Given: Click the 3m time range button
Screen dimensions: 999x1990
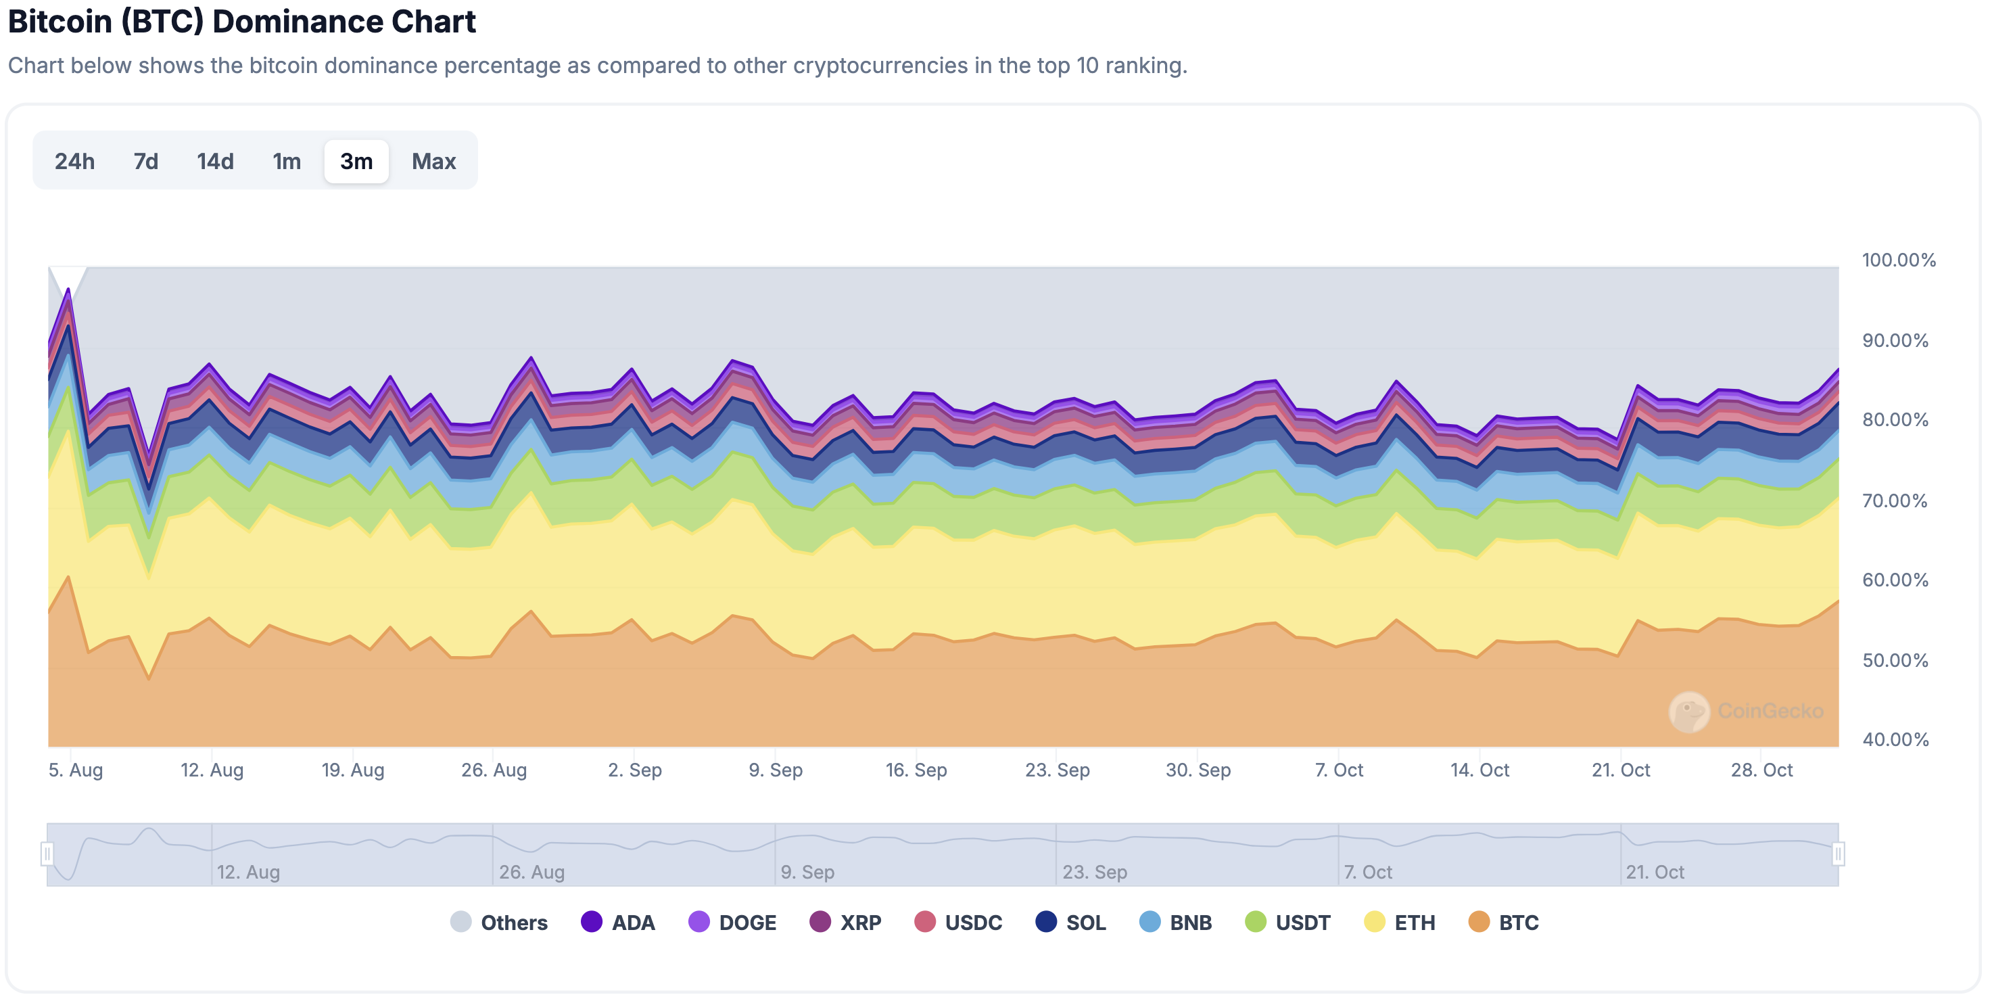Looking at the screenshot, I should pyautogui.click(x=356, y=162).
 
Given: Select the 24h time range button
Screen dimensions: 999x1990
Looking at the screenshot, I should pyautogui.click(x=75, y=162).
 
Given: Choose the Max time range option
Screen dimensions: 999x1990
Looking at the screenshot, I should pyautogui.click(x=433, y=162).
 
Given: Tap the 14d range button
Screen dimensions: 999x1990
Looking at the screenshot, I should pyautogui.click(x=215, y=162).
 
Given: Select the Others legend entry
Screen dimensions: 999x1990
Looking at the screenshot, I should pyautogui.click(x=499, y=922).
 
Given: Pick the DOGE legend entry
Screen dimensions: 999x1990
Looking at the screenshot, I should pyautogui.click(x=732, y=922).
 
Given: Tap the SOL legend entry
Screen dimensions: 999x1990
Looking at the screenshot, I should pyautogui.click(x=1070, y=922).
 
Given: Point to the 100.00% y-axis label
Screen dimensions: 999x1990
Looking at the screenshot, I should pyautogui.click(x=1898, y=260).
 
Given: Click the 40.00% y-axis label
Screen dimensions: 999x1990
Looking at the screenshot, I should pyautogui.click(x=1895, y=739).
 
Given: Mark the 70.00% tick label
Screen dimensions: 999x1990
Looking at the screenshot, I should pyautogui.click(x=1895, y=501).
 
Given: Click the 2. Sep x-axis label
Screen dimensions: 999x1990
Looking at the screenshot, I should pyautogui.click(x=634, y=770).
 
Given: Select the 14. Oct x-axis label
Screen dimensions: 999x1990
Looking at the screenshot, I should pyautogui.click(x=1479, y=770).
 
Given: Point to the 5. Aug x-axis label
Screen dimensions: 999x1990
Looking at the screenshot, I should pyautogui.click(x=76, y=770).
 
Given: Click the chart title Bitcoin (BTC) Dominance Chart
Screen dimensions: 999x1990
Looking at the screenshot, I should pyautogui.click(x=242, y=22).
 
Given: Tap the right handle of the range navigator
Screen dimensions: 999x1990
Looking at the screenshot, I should pyautogui.click(x=1838, y=854).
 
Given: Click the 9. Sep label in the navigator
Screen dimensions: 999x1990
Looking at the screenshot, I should pyautogui.click(x=807, y=872).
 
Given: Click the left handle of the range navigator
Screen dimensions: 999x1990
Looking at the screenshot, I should pyautogui.click(x=47, y=854).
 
